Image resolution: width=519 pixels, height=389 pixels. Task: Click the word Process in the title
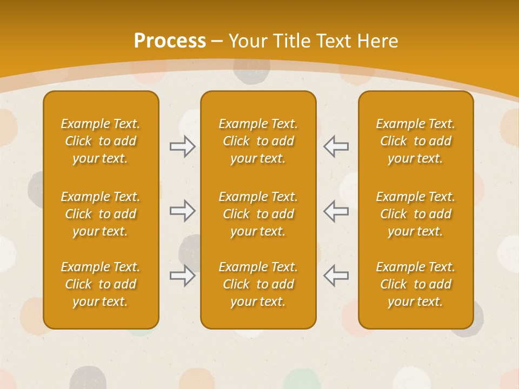[x=170, y=41]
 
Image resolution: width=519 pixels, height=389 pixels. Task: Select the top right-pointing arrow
[x=182, y=146]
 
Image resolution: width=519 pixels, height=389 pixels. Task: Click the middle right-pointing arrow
[x=182, y=211]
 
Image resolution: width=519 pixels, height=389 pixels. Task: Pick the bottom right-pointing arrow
[x=182, y=276]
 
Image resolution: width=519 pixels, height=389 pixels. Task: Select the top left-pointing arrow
[x=336, y=146]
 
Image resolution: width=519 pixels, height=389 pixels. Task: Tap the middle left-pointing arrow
[x=336, y=211]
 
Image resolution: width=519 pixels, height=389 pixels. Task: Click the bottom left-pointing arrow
[x=336, y=276]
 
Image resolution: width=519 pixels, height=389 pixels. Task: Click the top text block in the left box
[x=101, y=141]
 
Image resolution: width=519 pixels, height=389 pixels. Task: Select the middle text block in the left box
[x=101, y=214]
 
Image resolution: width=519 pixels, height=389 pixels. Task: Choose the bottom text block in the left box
[x=101, y=284]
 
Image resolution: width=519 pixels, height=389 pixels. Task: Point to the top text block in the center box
[x=258, y=141]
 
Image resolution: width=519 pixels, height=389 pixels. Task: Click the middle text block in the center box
[x=258, y=214]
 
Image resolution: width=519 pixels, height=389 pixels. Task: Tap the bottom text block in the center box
[x=258, y=284]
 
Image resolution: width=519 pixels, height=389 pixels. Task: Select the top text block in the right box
[x=416, y=141]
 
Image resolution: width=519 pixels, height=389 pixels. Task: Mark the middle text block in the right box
[x=416, y=214]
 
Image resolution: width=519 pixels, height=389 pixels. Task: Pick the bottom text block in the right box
[x=416, y=284]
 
